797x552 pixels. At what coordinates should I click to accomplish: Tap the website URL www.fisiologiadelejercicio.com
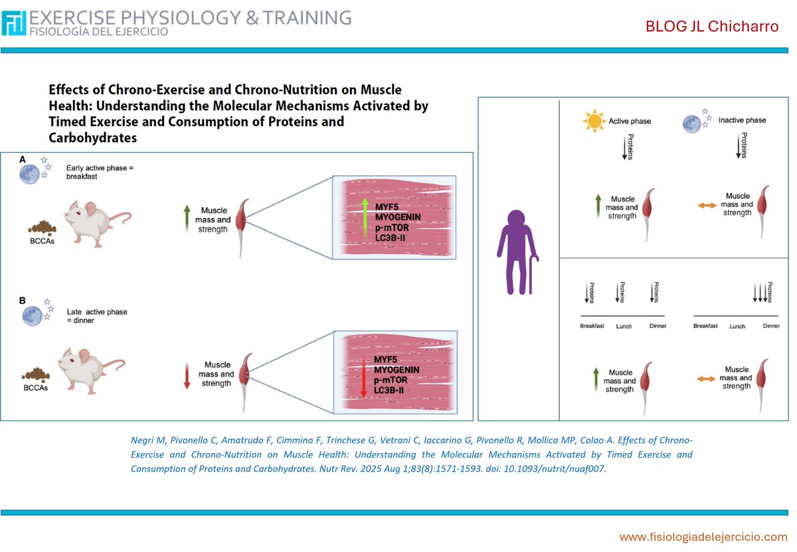pyautogui.click(x=703, y=536)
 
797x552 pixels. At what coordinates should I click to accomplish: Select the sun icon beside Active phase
pyautogui.click(x=594, y=121)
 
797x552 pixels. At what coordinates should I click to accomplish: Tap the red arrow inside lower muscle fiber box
pyautogui.click(x=363, y=377)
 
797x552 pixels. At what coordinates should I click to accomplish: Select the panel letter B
pyautogui.click(x=23, y=300)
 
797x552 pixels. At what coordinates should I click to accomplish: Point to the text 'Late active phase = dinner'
pyautogui.click(x=96, y=316)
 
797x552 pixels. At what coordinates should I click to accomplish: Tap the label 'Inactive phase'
pyautogui.click(x=742, y=120)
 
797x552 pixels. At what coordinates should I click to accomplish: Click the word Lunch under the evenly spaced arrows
pyautogui.click(x=623, y=326)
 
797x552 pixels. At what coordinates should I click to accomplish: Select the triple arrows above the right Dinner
pyautogui.click(x=758, y=292)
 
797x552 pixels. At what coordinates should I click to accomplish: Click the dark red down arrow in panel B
pyautogui.click(x=187, y=375)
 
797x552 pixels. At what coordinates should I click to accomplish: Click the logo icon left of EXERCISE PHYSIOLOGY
pyautogui.click(x=14, y=23)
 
